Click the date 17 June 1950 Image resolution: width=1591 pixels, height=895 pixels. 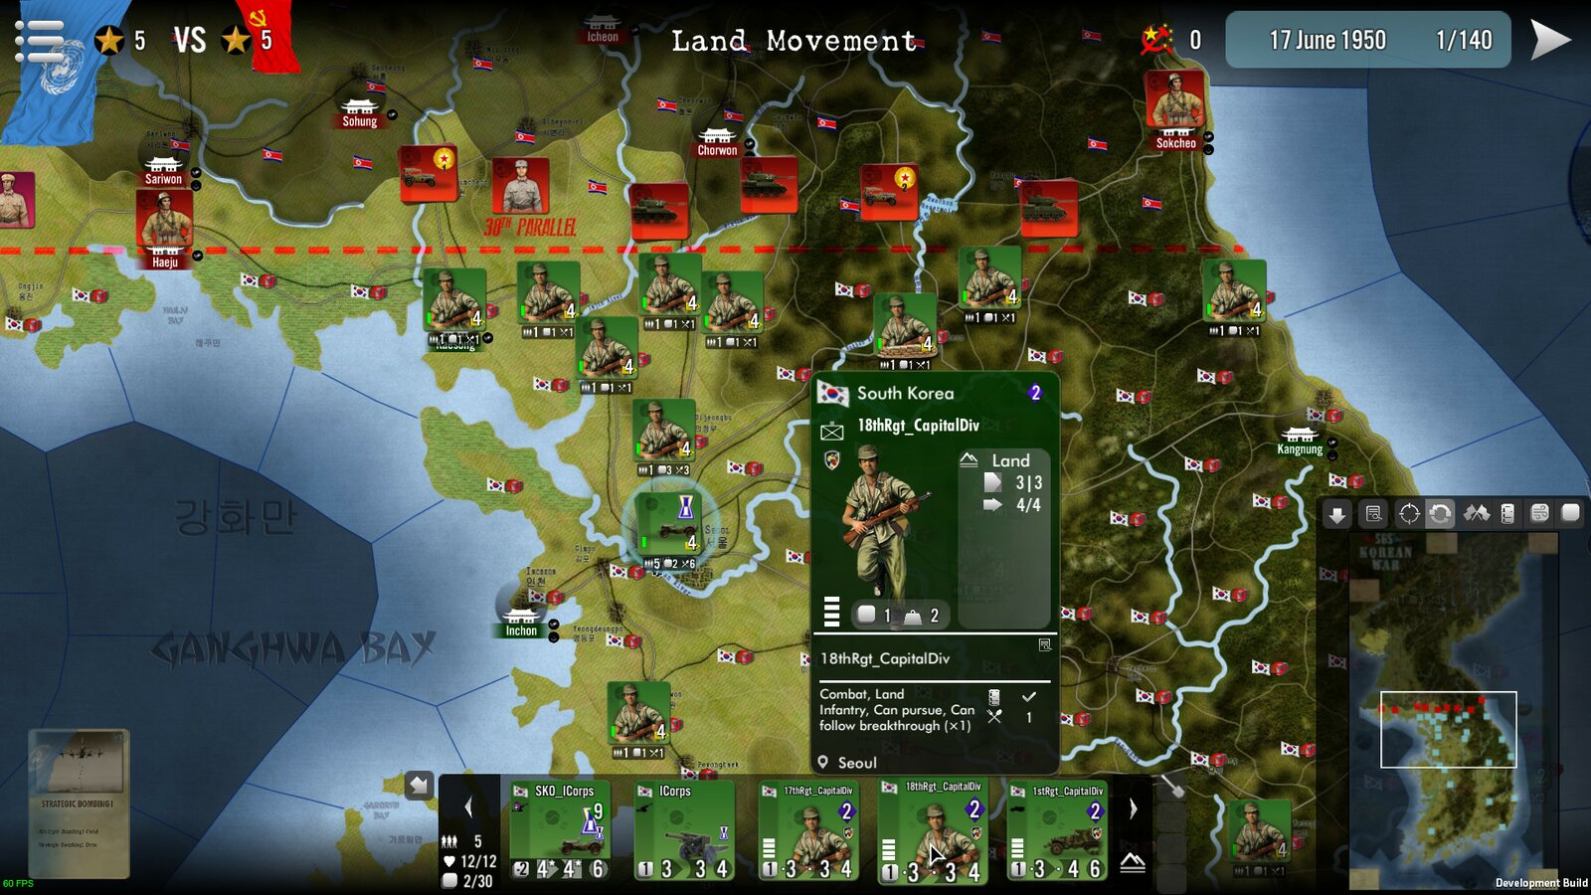coord(1326,41)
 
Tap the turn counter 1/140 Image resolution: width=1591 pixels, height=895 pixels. coord(1464,41)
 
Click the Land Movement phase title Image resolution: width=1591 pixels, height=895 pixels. coord(794,42)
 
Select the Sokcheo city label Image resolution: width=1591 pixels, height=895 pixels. coord(1175,143)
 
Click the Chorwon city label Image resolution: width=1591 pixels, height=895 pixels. coord(717,150)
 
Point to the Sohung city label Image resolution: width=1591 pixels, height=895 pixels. coord(359,121)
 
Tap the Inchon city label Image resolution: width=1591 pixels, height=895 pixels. coord(521,630)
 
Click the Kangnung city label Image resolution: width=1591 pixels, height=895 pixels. coord(1300,449)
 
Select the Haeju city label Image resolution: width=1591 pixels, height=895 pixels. coord(165,263)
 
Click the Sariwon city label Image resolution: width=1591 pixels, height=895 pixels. coord(163,179)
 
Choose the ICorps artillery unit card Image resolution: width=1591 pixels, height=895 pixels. coord(685,830)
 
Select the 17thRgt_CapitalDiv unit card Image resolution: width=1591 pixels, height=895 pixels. coord(807,830)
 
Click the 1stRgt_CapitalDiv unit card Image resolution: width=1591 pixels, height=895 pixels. coord(1056,830)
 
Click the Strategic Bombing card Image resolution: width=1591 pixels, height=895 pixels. coord(78,804)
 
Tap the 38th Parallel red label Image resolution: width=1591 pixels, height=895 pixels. coord(530,228)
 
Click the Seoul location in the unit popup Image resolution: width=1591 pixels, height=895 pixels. coord(856,763)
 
